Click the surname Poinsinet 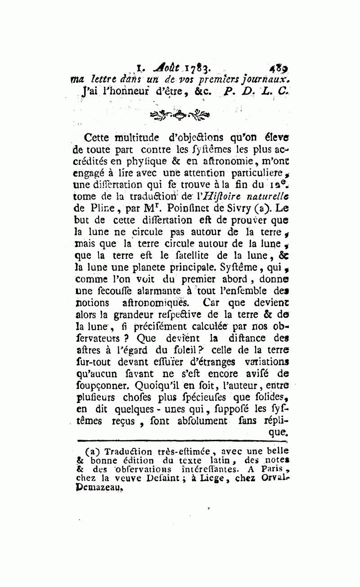coord(178,208)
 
